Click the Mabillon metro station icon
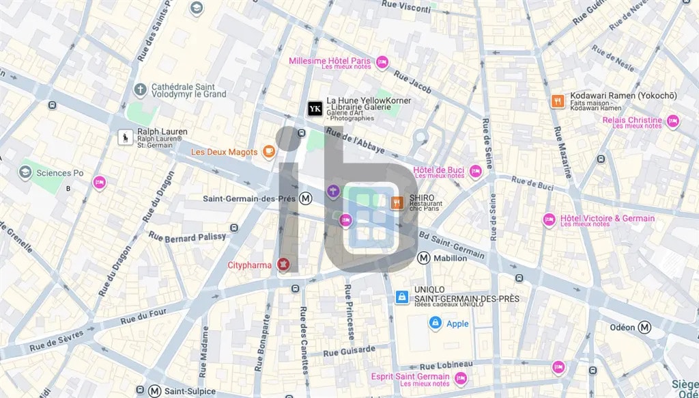[x=424, y=258]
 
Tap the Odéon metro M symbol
[x=644, y=328]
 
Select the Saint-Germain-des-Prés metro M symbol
[x=306, y=198]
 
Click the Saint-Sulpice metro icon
[x=155, y=391]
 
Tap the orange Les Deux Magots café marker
[x=270, y=151]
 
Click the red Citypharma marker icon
[x=283, y=265]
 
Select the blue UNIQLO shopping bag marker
[x=402, y=297]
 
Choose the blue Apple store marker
[x=435, y=323]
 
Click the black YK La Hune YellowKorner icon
[x=315, y=109]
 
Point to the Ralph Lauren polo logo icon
[x=126, y=137]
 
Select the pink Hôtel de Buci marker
[x=475, y=172]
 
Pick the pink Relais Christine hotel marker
[x=673, y=122]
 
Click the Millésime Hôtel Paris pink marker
[x=382, y=62]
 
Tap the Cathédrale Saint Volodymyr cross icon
[x=140, y=90]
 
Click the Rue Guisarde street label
[x=349, y=351]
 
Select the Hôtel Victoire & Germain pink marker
[x=549, y=220]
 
